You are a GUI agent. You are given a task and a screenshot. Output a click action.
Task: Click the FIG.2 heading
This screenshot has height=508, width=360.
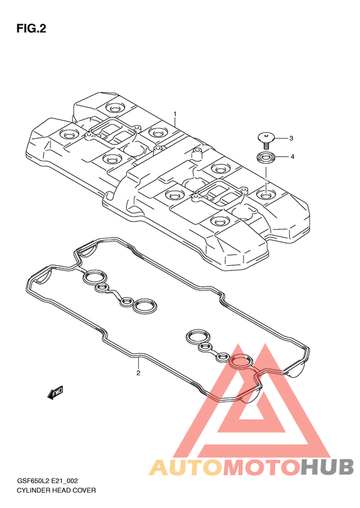point(31,29)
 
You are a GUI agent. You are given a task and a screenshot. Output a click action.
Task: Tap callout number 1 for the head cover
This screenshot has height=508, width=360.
point(175,114)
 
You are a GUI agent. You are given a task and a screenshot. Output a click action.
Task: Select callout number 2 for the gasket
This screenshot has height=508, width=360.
point(138,373)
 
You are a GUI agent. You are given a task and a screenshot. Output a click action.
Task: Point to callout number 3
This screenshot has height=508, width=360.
point(291,138)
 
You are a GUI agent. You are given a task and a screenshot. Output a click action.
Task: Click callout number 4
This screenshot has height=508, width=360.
point(292,157)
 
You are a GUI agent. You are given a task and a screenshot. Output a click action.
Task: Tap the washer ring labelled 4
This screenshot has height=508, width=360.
point(267,158)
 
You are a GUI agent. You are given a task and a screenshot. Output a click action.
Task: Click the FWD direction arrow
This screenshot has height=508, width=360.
point(55,392)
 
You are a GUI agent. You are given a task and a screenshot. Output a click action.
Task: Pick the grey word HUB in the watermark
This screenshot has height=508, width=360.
point(327,467)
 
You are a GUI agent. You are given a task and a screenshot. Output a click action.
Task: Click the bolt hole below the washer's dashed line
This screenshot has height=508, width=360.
point(265,195)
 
